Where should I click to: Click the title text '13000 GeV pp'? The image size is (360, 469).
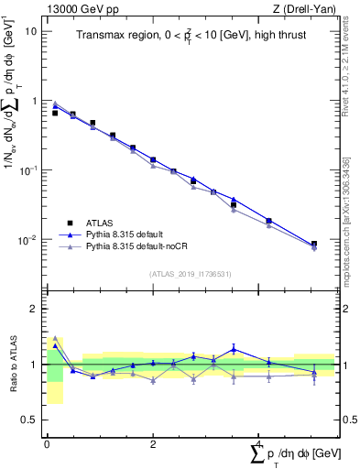[75, 7]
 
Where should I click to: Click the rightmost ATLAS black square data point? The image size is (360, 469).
[314, 245]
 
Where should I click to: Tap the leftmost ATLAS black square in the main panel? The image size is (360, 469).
[55, 113]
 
